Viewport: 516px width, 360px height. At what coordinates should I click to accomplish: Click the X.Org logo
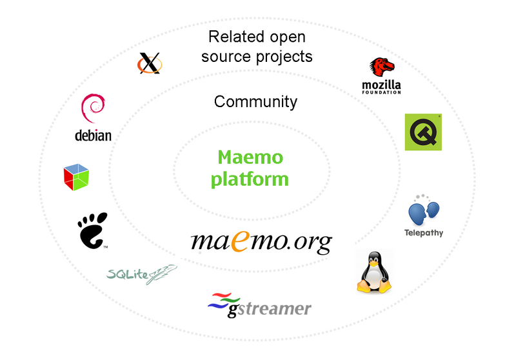(150, 63)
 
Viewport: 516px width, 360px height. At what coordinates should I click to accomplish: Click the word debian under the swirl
(94, 135)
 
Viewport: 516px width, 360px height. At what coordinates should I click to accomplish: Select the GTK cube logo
(76, 177)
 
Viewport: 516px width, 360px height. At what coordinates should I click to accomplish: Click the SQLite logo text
(129, 275)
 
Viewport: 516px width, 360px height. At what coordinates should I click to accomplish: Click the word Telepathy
(424, 232)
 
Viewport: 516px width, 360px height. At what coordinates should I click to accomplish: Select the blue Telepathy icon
(424, 212)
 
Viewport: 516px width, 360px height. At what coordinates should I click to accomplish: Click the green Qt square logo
(423, 132)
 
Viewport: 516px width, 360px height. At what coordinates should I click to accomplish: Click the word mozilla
(382, 85)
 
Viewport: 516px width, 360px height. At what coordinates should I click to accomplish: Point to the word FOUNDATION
(382, 92)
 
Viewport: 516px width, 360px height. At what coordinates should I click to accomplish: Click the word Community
(255, 101)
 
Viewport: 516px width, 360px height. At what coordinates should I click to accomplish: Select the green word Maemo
(250, 157)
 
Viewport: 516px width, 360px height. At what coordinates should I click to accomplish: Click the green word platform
(250, 179)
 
